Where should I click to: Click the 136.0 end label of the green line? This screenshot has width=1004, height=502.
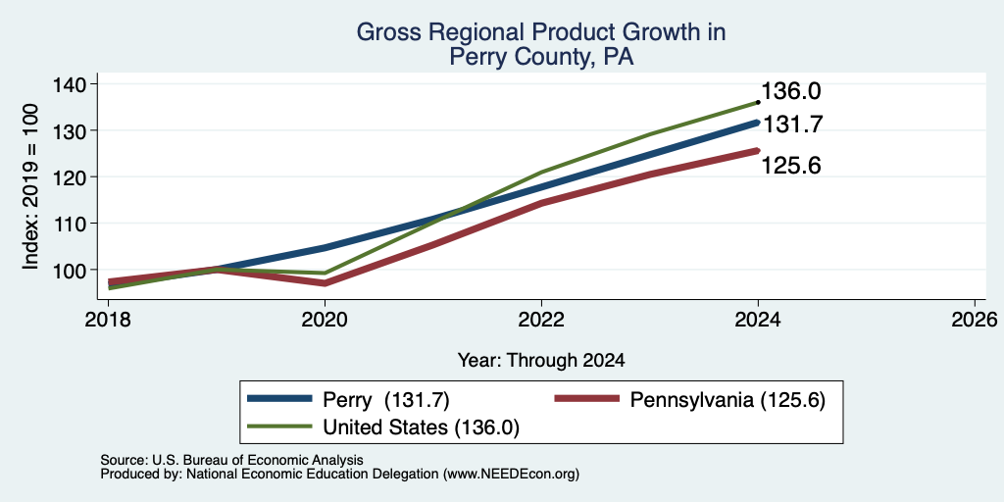[x=791, y=91]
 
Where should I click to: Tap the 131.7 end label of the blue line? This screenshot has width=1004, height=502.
[x=791, y=125]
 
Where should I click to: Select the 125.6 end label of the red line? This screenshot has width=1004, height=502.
[x=791, y=166]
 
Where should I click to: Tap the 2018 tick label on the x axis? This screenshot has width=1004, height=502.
[x=109, y=319]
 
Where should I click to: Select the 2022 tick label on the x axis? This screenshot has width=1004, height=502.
[x=541, y=319]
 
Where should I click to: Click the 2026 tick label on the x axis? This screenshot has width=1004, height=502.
[x=975, y=319]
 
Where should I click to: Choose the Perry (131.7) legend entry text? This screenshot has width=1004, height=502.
[x=386, y=400]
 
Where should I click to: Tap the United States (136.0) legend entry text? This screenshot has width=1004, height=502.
[x=421, y=427]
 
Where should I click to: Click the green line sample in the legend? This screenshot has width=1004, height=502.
[x=279, y=427]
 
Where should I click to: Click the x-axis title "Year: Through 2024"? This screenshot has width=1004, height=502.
[x=541, y=361]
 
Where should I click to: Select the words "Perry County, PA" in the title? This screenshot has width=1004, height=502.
[x=541, y=58]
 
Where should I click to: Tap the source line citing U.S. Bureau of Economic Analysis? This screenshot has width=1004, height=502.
[x=231, y=460]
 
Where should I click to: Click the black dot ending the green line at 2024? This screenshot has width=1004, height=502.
[x=758, y=102]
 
